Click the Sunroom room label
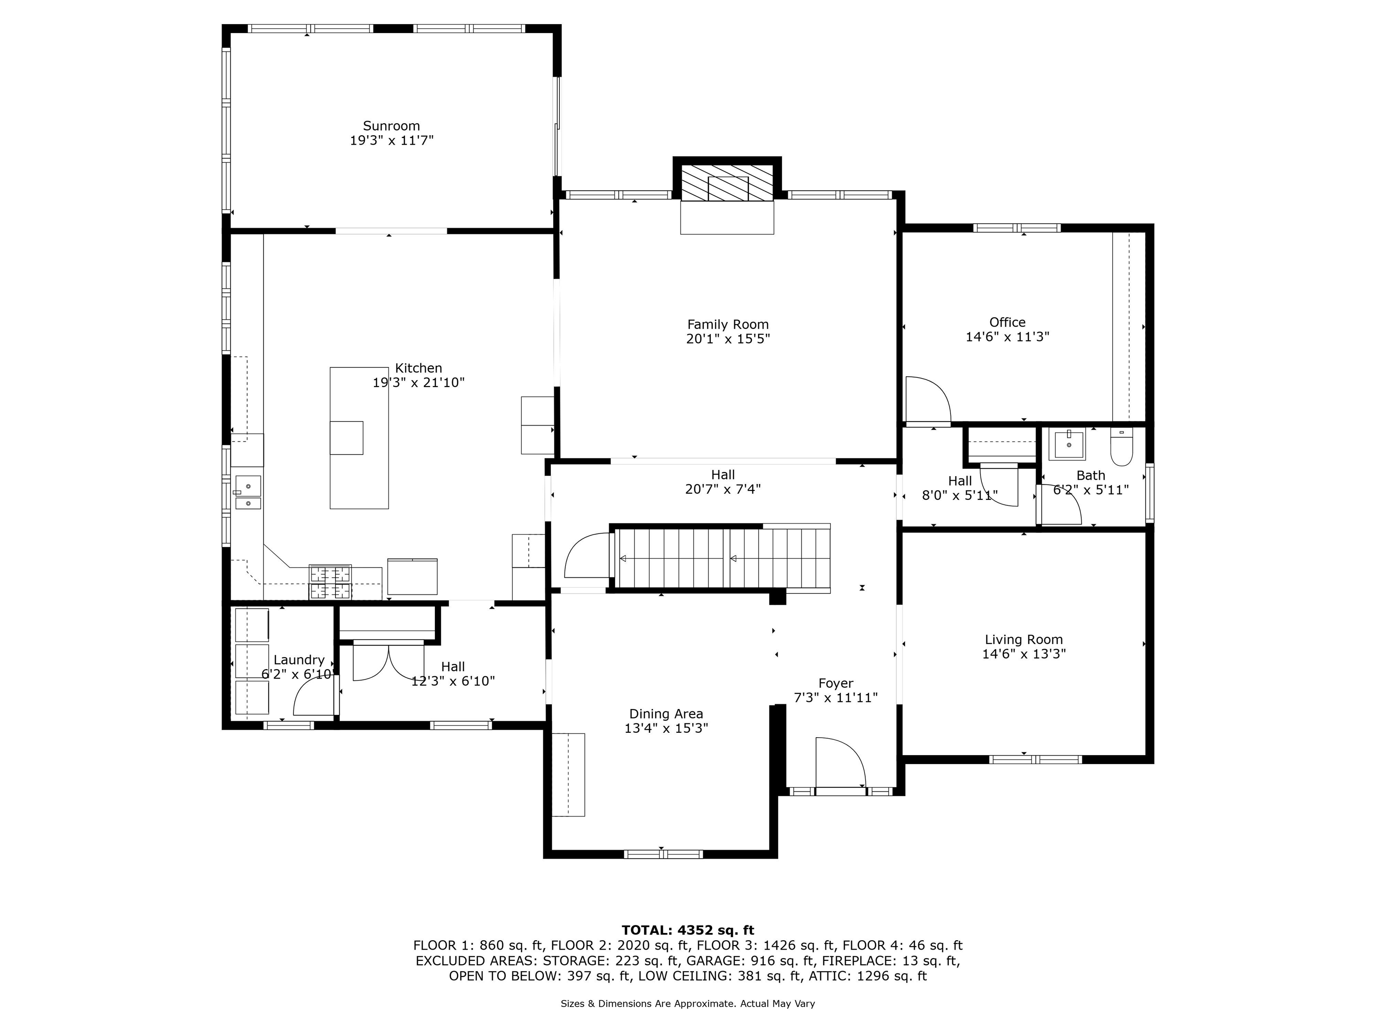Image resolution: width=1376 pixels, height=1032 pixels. [391, 126]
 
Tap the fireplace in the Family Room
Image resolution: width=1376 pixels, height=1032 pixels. [727, 183]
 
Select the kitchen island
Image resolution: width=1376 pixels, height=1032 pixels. [359, 438]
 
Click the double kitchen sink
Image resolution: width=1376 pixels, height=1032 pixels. [248, 493]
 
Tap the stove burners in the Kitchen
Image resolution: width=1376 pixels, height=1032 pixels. [330, 582]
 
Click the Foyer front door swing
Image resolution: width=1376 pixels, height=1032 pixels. [840, 762]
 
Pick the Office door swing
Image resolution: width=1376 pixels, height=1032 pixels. [928, 400]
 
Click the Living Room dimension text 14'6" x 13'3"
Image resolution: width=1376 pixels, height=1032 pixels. [1024, 654]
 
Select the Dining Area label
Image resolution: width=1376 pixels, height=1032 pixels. [666, 714]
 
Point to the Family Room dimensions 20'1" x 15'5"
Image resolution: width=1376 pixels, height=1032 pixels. [728, 339]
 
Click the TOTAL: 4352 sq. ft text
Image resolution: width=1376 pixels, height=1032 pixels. [688, 930]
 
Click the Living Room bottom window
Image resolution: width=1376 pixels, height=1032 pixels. [1036, 759]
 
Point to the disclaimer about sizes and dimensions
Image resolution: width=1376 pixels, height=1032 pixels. [688, 1003]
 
